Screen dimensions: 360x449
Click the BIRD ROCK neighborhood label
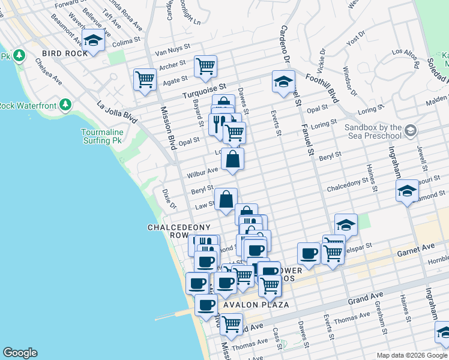click(65, 53)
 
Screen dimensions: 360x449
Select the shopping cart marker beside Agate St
click(145, 79)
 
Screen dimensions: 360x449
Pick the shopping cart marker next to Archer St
click(205, 66)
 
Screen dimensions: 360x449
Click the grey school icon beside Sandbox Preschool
click(411, 130)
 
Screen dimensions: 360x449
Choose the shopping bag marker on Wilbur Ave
click(233, 160)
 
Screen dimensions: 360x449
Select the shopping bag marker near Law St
click(226, 200)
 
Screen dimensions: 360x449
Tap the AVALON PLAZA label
click(256, 305)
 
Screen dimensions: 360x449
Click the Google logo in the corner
click(20, 353)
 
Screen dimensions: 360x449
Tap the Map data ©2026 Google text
click(412, 355)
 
